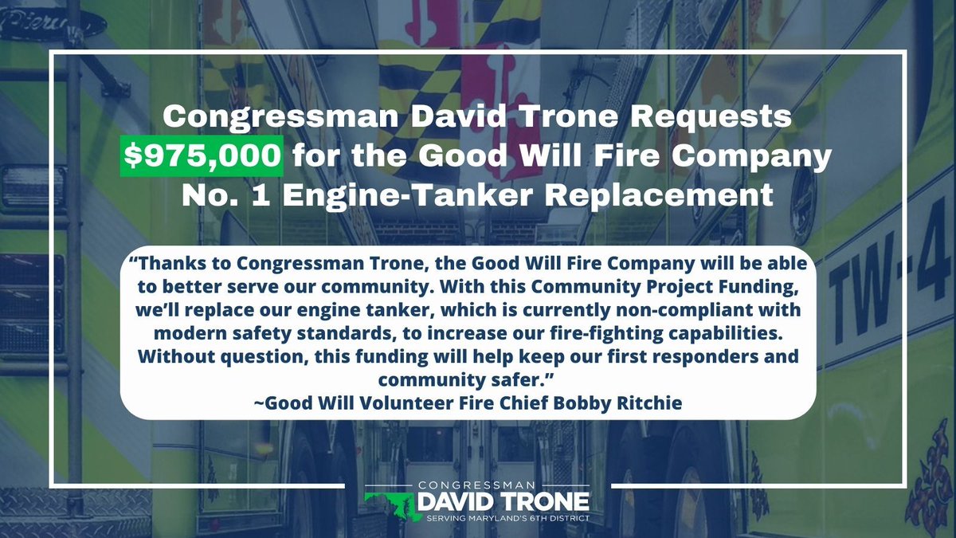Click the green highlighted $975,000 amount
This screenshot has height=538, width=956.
pyautogui.click(x=202, y=155)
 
